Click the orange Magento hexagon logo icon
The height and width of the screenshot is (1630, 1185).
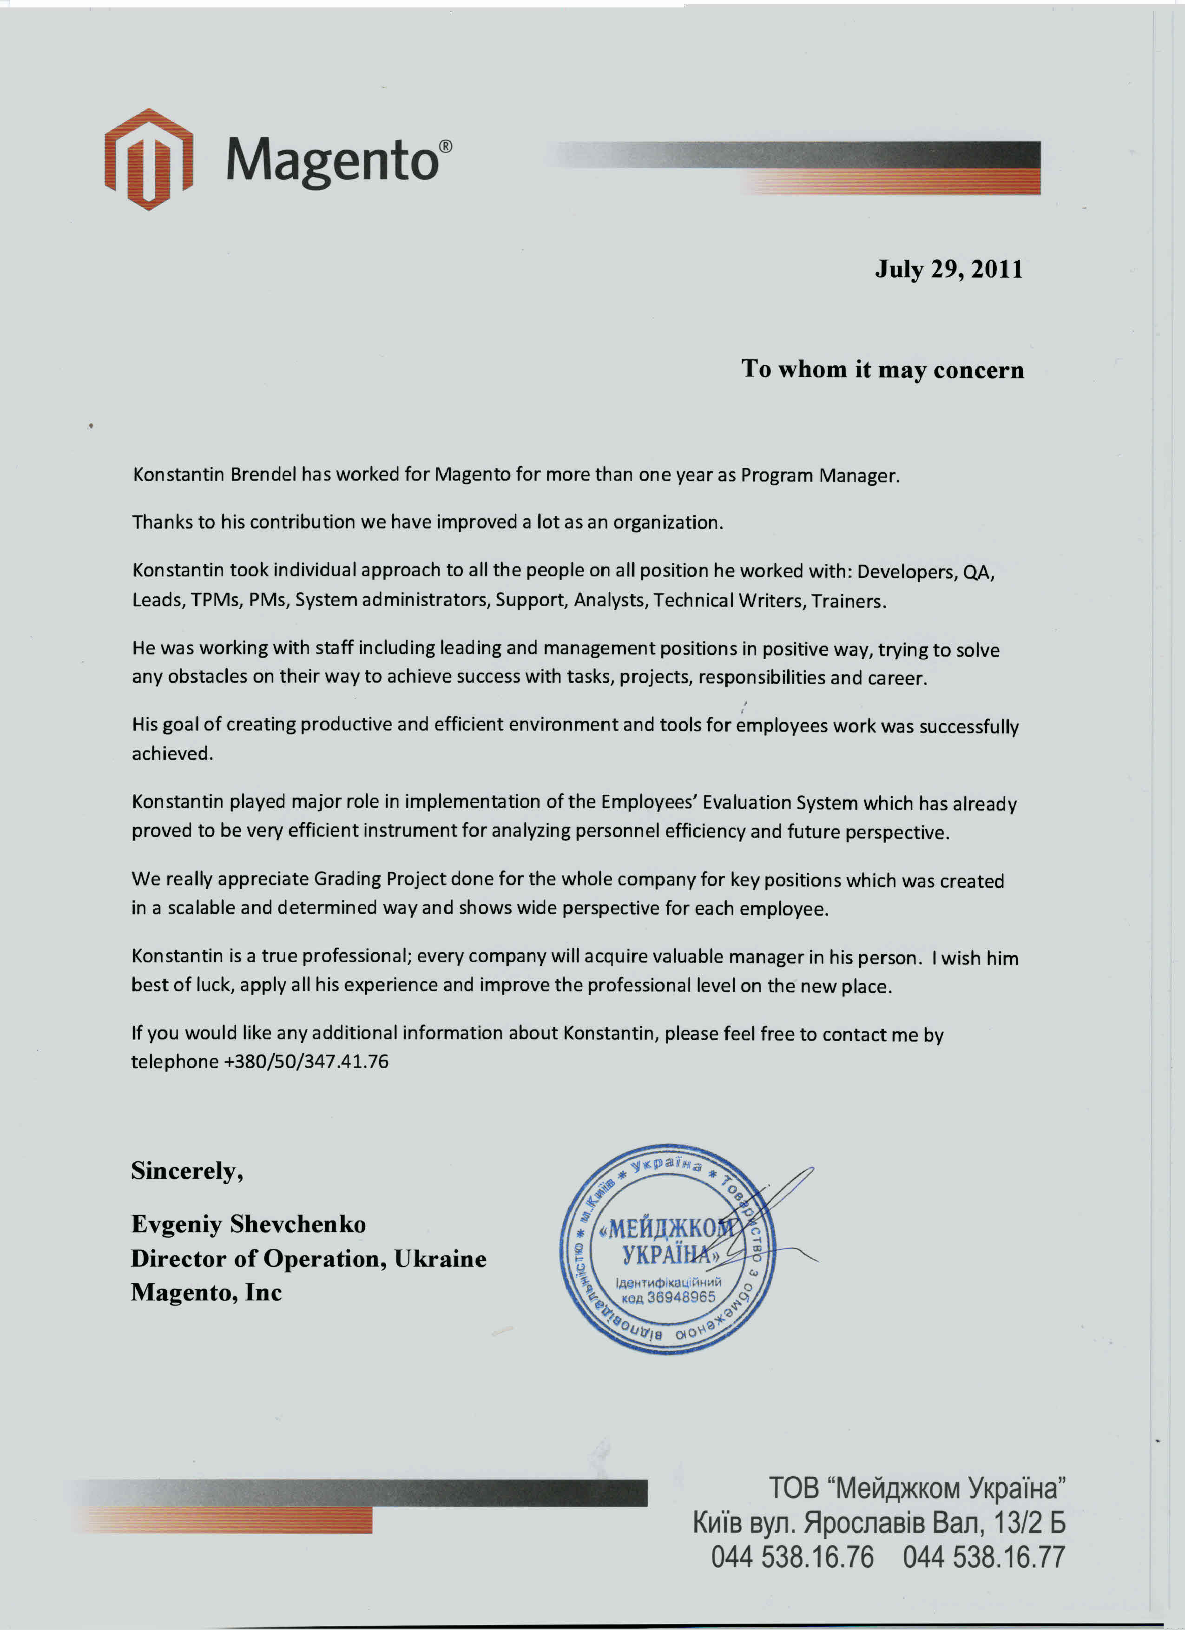[x=149, y=159]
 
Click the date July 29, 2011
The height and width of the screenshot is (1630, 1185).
[x=948, y=270]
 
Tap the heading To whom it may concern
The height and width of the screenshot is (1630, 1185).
[x=882, y=370]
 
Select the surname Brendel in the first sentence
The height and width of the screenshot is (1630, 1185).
[x=264, y=475]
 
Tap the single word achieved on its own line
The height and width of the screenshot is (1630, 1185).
[x=172, y=754]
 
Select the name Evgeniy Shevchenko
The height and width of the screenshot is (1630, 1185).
[x=248, y=1224]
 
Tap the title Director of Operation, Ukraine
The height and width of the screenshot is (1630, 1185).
[x=308, y=1259]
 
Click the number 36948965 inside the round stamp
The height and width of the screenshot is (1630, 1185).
[x=681, y=1297]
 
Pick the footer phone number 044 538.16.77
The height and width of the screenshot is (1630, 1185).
[x=983, y=1557]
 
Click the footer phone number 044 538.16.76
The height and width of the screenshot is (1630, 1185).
[x=792, y=1557]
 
